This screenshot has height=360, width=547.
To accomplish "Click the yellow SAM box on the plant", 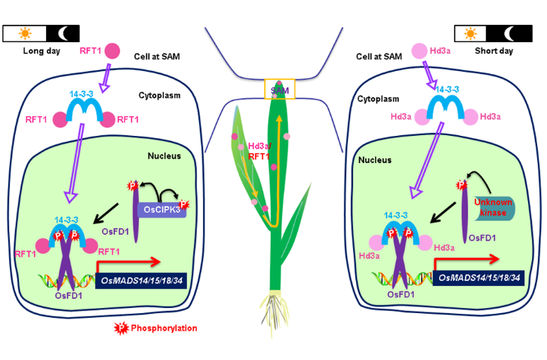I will [x=279, y=90].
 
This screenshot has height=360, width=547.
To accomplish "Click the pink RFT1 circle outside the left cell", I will [x=112, y=51].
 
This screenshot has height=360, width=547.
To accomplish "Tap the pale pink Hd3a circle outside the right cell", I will [x=419, y=51].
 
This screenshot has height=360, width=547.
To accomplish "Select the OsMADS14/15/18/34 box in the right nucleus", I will [x=478, y=278].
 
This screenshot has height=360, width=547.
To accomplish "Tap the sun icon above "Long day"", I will [x=24, y=33].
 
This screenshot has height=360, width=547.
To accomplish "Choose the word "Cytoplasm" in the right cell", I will [x=376, y=98].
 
